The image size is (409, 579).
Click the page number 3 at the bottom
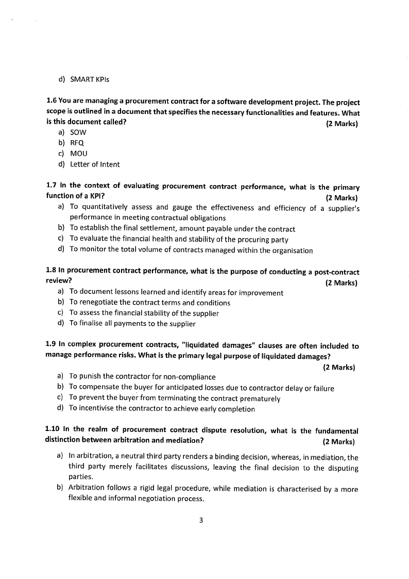tap(201, 520)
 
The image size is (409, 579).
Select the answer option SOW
tap(78, 133)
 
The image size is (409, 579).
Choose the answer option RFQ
tap(77, 143)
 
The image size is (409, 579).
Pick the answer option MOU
tap(79, 154)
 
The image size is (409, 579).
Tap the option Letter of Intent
tap(95, 164)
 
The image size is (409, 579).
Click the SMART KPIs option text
tap(90, 79)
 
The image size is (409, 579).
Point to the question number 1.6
tap(51, 102)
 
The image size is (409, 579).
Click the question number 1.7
tap(51, 186)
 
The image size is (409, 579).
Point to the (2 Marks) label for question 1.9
tap(339, 368)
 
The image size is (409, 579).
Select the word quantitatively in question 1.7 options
tap(112, 208)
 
